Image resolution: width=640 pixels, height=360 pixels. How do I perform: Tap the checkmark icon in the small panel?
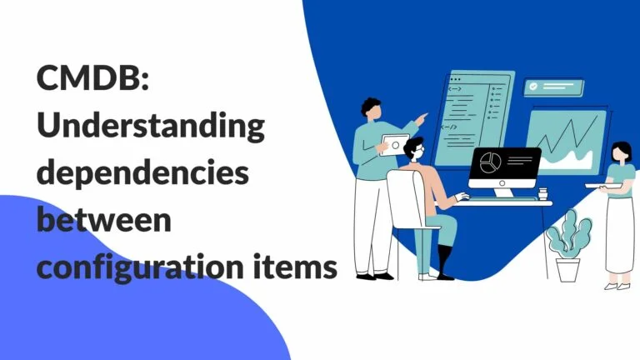(x=532, y=86)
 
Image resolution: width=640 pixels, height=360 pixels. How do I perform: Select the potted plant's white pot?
(x=567, y=268)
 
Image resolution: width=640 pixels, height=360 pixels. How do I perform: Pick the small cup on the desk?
(x=543, y=194)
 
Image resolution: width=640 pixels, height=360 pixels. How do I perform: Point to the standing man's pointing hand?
(x=422, y=117)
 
